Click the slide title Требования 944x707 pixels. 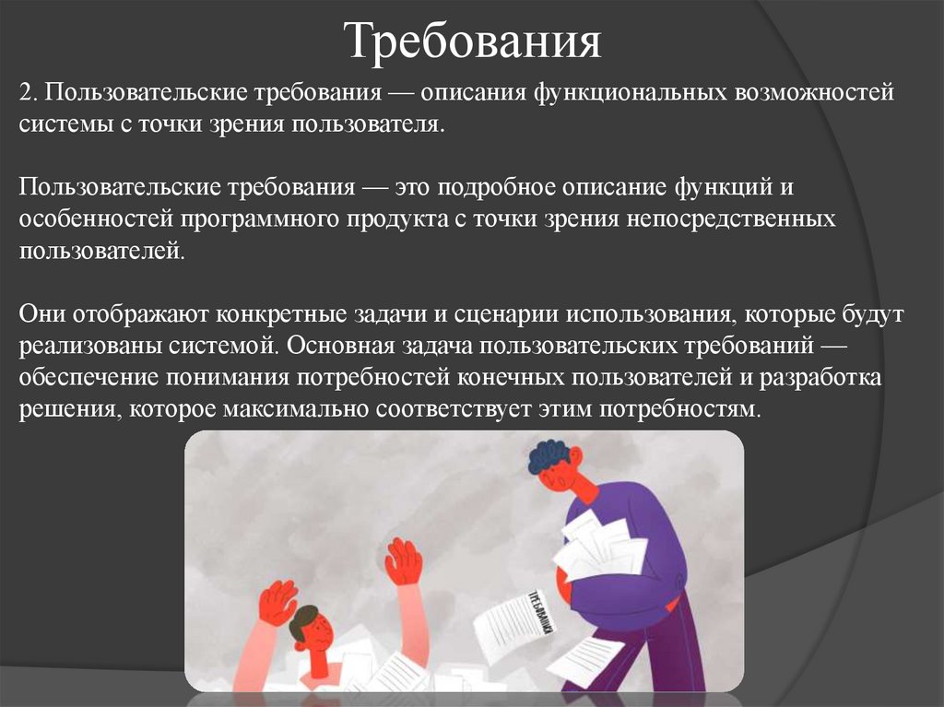(x=473, y=41)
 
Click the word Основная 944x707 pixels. (x=337, y=346)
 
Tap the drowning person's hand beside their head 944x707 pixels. (x=276, y=604)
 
